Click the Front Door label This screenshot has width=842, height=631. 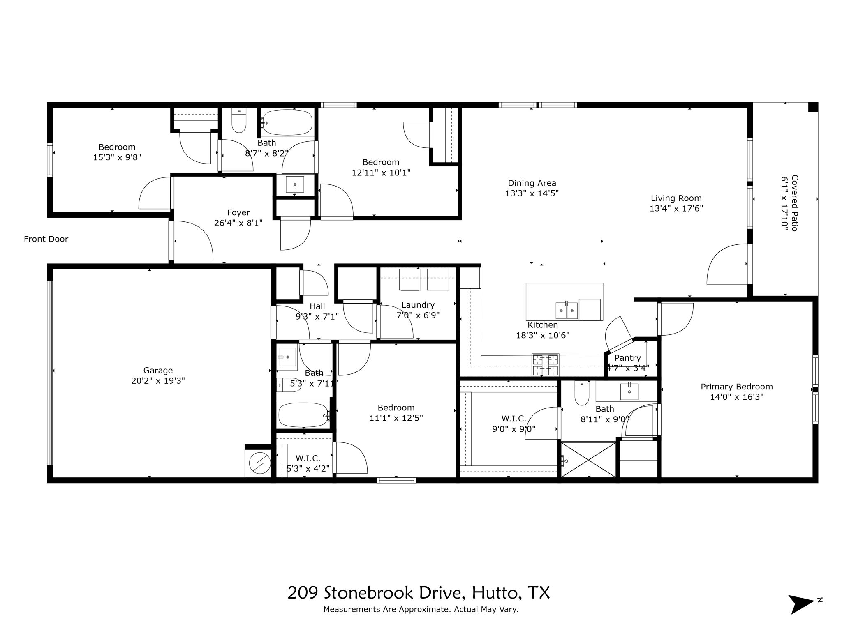point(46,239)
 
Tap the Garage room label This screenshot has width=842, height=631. point(158,371)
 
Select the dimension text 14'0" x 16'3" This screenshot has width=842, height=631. point(737,397)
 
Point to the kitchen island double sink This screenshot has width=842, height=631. point(567,311)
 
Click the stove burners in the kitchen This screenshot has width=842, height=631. point(545,365)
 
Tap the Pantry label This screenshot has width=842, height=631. point(627,358)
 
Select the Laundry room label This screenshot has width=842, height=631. point(418,305)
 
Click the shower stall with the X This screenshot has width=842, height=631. point(588,459)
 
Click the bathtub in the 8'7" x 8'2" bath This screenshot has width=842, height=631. point(287,122)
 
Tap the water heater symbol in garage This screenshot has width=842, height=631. point(260,463)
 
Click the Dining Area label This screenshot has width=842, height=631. point(532,183)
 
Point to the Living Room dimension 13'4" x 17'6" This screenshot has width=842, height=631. point(676,208)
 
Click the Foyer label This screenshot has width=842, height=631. point(238,212)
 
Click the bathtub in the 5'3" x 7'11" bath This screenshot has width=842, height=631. point(303,415)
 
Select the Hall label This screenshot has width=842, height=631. point(317,306)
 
